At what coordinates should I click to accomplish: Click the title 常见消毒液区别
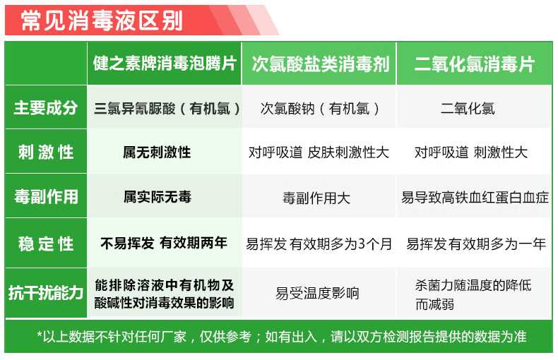tap(102, 20)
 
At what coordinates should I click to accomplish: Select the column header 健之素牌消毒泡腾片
tap(165, 64)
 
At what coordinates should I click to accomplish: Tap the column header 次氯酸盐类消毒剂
tap(320, 64)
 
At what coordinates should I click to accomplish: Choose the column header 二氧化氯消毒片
tap(474, 64)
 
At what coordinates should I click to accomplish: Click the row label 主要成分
tap(46, 108)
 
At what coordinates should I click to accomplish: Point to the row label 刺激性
tap(46, 152)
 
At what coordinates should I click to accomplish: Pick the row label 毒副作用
tap(46, 196)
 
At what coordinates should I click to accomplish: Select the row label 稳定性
tap(46, 244)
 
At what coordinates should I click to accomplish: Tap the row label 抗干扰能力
tap(46, 292)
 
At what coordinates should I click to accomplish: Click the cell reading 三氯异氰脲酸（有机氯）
tap(167, 109)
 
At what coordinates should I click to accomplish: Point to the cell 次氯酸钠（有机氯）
tap(320, 109)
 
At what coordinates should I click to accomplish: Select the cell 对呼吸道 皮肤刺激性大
tap(319, 152)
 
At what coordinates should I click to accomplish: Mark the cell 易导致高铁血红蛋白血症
tap(475, 198)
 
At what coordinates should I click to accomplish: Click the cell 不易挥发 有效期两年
tap(164, 243)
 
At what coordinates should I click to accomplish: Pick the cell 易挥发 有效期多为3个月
tap(319, 244)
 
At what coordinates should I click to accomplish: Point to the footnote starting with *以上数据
tap(280, 337)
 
